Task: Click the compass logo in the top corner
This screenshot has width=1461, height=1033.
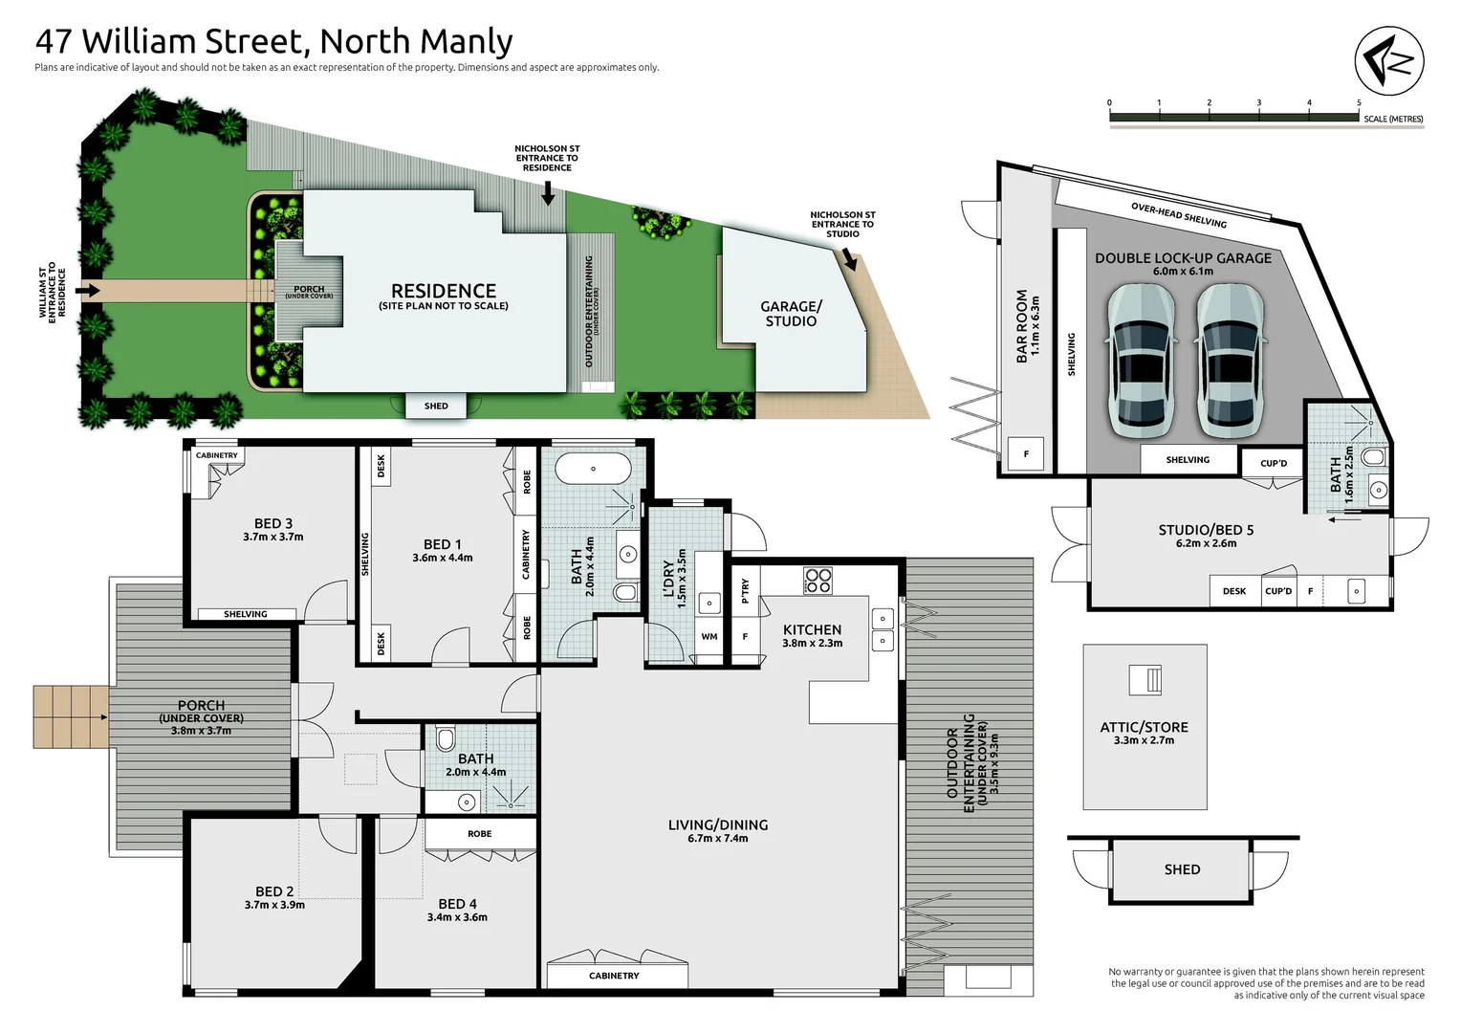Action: point(1389,61)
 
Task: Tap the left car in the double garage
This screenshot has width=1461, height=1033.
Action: point(1141,362)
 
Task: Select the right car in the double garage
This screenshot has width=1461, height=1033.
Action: point(1230,362)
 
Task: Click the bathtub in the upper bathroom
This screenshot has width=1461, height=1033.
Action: point(593,469)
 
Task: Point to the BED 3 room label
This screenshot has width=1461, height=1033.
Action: point(273,523)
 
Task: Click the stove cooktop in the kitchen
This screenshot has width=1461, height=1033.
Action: point(818,580)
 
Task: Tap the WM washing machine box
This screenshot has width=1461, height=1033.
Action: point(709,636)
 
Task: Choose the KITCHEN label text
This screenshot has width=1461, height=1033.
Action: point(812,629)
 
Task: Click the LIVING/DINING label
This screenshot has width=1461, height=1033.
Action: point(717,824)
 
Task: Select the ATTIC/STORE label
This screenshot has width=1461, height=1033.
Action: point(1144,727)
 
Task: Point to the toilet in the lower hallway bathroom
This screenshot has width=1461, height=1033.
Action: point(446,740)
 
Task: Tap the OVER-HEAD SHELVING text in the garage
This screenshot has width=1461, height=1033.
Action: point(1178,215)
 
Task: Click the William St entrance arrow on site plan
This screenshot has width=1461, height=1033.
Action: point(88,291)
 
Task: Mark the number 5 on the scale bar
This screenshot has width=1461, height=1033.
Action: point(1358,102)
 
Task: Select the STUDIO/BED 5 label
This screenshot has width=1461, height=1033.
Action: point(1205,530)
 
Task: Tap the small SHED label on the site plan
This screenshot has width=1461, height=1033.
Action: point(436,406)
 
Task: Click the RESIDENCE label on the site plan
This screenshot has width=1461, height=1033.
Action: point(443,291)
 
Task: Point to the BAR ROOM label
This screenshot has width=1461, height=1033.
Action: point(1021,325)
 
